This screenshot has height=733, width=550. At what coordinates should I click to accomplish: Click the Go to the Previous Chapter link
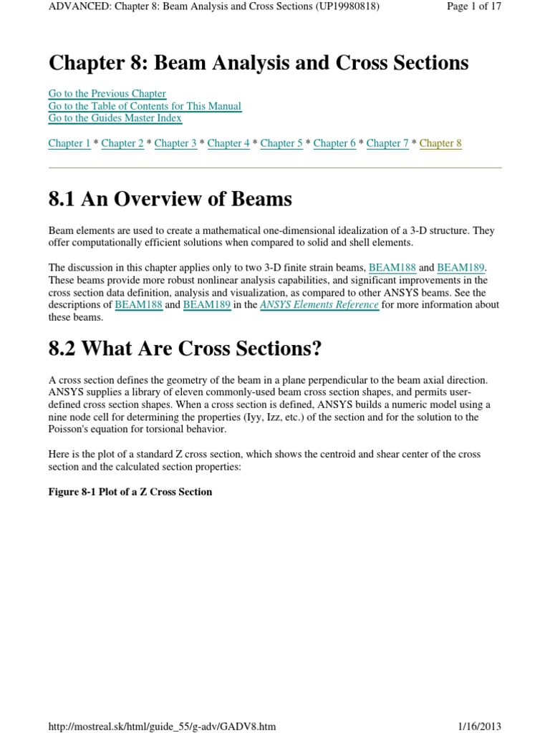tap(107, 94)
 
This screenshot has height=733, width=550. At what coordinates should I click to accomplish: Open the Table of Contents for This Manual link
tap(145, 106)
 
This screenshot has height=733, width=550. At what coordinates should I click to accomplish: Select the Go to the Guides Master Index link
tap(115, 118)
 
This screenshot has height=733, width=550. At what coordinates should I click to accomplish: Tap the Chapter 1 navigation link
tap(69, 143)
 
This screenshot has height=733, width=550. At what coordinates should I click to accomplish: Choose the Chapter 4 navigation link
tap(228, 143)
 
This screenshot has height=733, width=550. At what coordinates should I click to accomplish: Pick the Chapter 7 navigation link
tap(387, 143)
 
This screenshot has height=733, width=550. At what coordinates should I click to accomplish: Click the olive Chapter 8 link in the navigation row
tap(440, 143)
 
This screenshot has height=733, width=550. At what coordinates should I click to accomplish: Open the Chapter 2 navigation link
tap(122, 143)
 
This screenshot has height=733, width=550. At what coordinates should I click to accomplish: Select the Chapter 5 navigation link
tap(281, 143)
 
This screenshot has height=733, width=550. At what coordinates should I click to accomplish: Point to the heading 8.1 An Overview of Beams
tap(170, 199)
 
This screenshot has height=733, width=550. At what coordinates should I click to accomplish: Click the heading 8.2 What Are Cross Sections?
tap(185, 349)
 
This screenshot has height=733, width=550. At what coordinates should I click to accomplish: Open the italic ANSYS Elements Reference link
tap(319, 305)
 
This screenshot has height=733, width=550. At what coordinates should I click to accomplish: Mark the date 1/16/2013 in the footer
tap(479, 727)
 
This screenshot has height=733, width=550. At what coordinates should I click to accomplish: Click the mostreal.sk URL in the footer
tap(162, 727)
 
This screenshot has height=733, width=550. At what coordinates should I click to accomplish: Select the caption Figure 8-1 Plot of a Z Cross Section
tap(130, 492)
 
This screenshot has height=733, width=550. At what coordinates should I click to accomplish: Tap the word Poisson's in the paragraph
tap(70, 429)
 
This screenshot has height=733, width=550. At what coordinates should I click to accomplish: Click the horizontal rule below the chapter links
tap(275, 168)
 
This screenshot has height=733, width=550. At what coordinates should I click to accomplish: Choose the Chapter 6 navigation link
tap(334, 143)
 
